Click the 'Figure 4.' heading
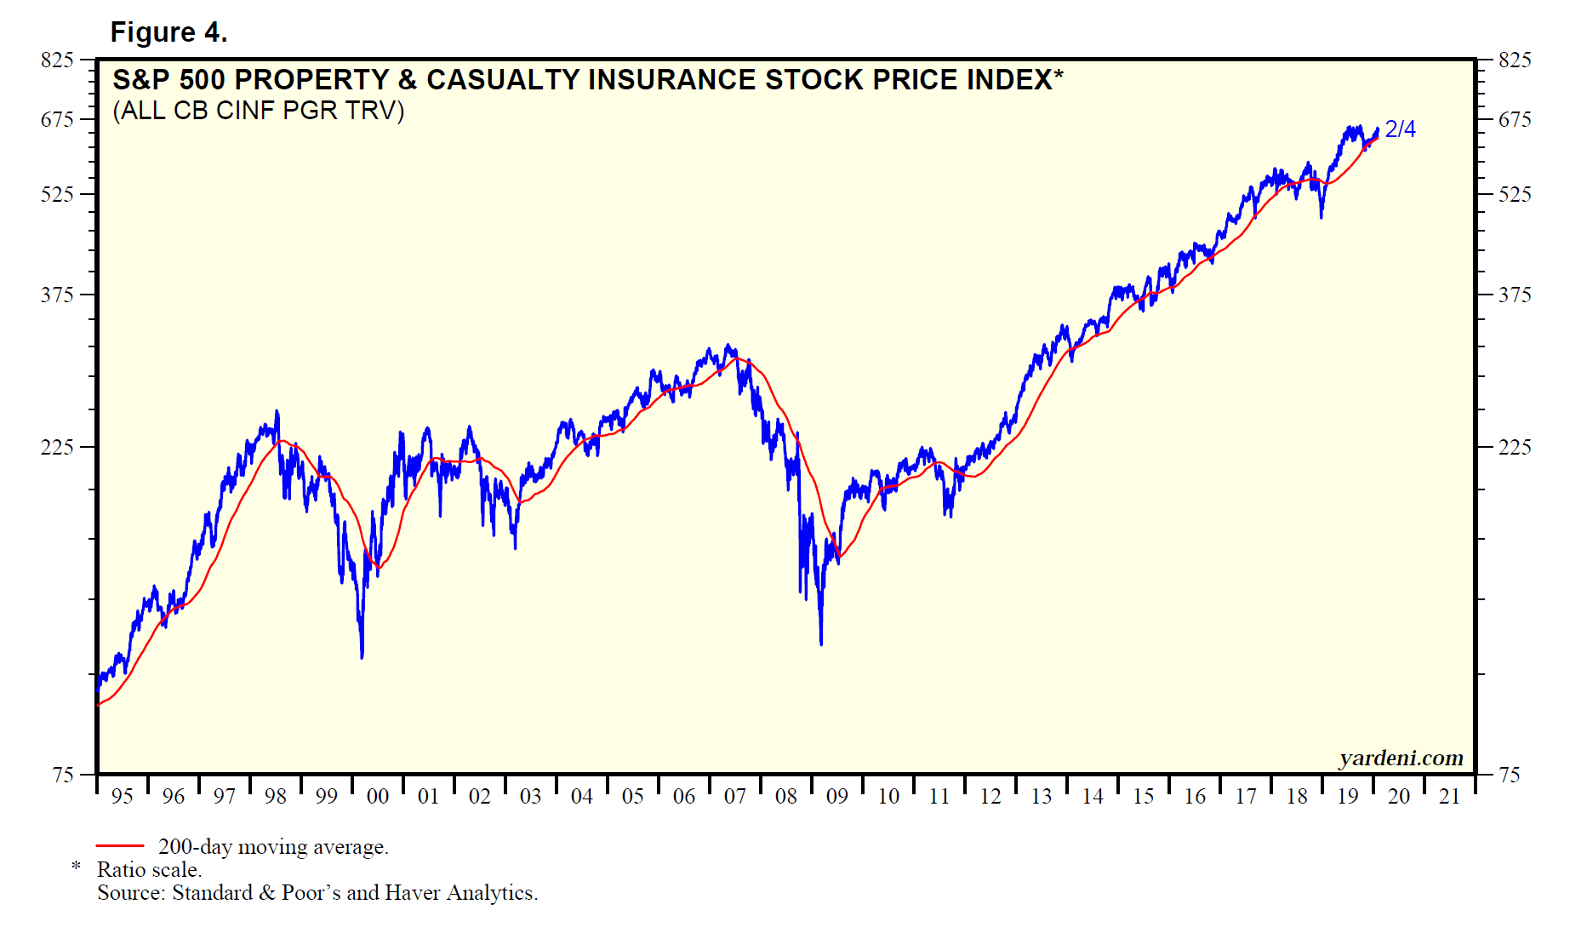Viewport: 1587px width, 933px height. coord(168,32)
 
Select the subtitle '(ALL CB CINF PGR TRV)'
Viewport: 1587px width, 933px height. coord(258,111)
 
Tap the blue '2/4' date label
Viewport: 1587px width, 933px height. coord(1400,129)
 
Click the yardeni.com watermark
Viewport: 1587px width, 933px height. coord(1401,758)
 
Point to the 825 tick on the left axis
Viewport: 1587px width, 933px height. coord(57,60)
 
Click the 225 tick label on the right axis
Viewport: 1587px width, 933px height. coord(1515,447)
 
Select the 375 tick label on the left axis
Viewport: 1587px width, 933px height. coord(57,295)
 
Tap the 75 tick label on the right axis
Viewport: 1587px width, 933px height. coord(1510,775)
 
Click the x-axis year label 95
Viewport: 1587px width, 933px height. coord(123,797)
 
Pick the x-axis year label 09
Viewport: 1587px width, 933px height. coord(837,797)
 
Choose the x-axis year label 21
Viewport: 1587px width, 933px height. coord(1450,797)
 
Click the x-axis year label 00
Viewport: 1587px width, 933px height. coord(378,797)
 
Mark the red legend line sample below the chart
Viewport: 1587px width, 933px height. coord(120,846)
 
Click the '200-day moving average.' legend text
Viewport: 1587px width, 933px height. coord(273,847)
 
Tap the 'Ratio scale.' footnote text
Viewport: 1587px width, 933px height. coord(149,870)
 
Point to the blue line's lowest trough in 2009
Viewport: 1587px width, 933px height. coord(821,643)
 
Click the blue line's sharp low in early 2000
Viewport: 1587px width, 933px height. coord(362,656)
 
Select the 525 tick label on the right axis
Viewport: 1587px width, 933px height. coord(1515,195)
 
